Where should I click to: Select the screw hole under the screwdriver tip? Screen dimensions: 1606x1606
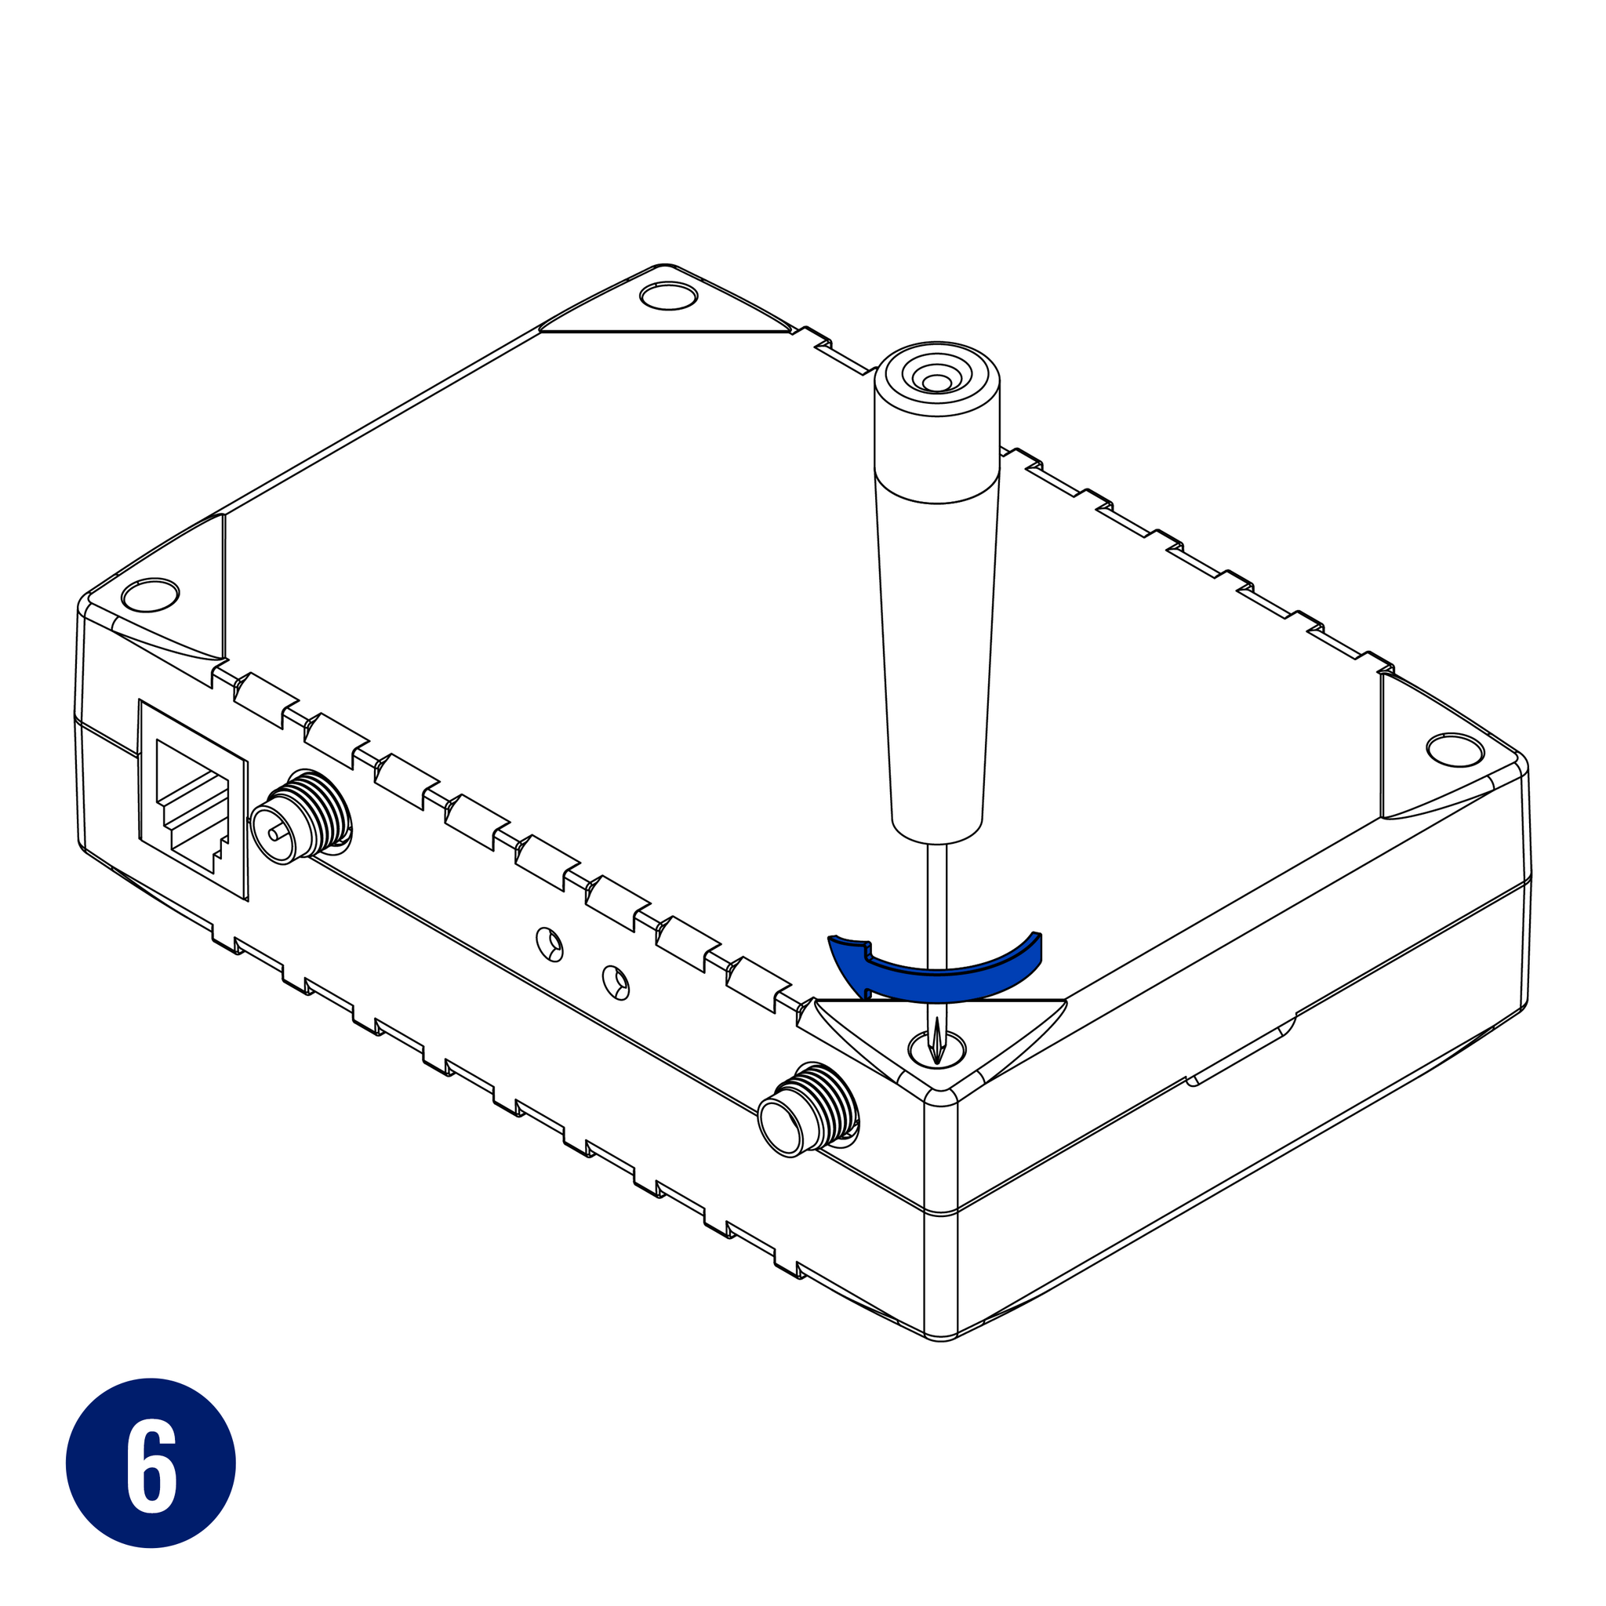pos(937,1048)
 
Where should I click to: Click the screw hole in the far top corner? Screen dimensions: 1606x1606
pos(669,295)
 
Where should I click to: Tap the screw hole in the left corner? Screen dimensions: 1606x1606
pos(151,594)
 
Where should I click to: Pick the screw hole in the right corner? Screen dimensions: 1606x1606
pos(1455,750)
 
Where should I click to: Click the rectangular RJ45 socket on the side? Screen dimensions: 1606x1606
pos(193,800)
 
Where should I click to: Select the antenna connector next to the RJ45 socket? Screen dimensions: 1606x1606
pos(301,816)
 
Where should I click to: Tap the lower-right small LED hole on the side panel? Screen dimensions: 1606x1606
pos(614,982)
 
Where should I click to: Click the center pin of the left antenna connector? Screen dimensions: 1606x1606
pos(275,832)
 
